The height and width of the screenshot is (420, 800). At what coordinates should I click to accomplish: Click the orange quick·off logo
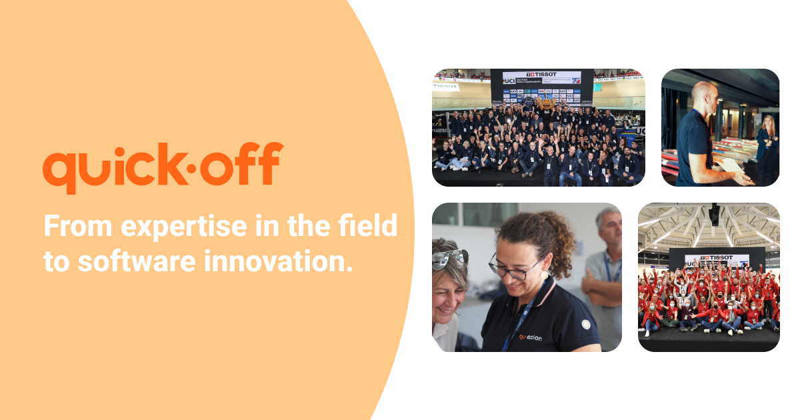point(163,167)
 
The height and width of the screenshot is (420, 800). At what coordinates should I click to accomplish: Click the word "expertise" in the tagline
point(173,227)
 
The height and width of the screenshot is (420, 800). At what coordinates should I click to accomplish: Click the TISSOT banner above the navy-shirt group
point(542,77)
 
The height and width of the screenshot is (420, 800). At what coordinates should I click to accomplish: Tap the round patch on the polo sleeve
point(585,325)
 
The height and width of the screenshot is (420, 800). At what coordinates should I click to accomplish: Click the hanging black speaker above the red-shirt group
point(714,213)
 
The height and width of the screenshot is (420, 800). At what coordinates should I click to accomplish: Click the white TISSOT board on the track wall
point(446,87)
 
